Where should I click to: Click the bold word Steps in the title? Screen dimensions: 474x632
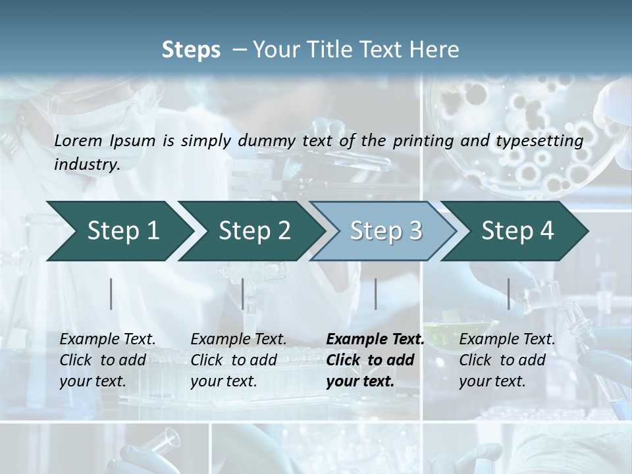click(191, 50)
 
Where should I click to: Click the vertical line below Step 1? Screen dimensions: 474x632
click(111, 294)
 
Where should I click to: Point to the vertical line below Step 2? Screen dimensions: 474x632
click(243, 294)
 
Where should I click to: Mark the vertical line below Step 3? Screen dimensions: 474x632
click(375, 294)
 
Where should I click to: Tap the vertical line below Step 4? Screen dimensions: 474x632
click(508, 294)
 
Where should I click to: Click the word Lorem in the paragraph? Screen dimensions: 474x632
click(78, 140)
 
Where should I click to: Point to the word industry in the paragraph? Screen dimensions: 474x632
click(86, 164)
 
